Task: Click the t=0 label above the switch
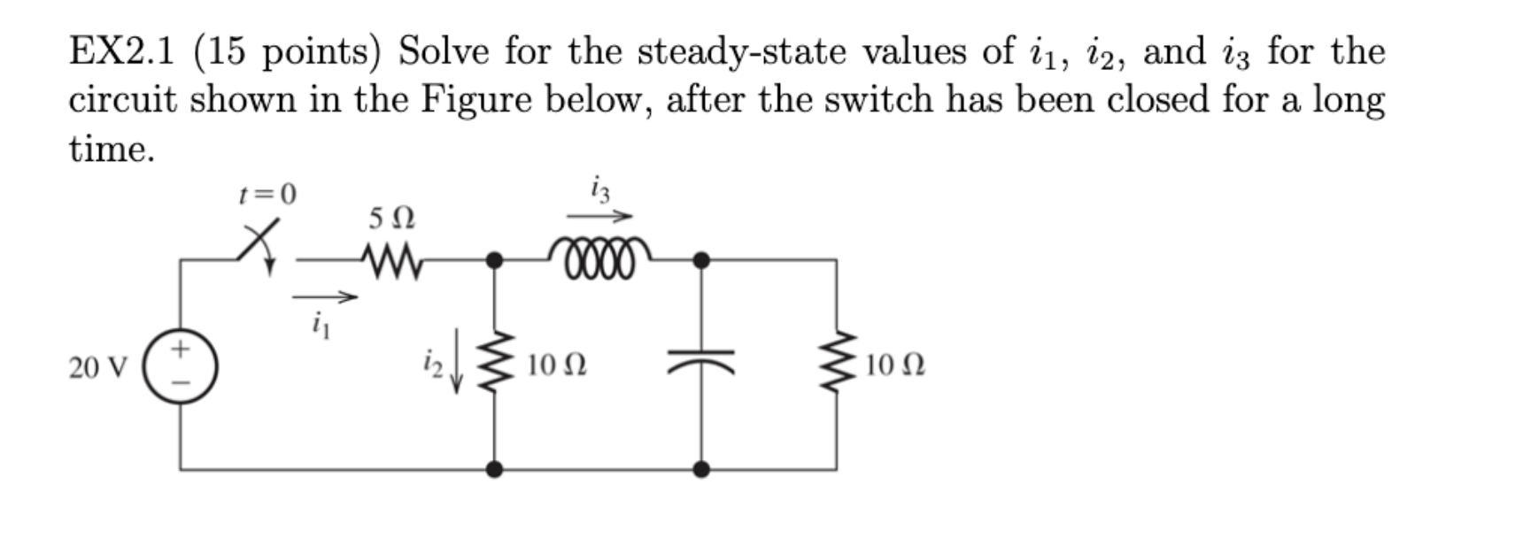coord(268,194)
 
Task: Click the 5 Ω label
coord(391,218)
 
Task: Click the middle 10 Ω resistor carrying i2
coord(494,365)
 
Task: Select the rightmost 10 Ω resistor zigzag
coord(837,365)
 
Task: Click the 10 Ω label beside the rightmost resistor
coord(895,365)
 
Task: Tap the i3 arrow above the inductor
coord(599,217)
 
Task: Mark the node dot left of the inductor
coord(495,260)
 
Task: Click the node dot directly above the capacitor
coord(700,260)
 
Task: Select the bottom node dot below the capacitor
coord(700,469)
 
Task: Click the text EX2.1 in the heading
coord(120,52)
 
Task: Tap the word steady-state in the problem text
coord(742,52)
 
